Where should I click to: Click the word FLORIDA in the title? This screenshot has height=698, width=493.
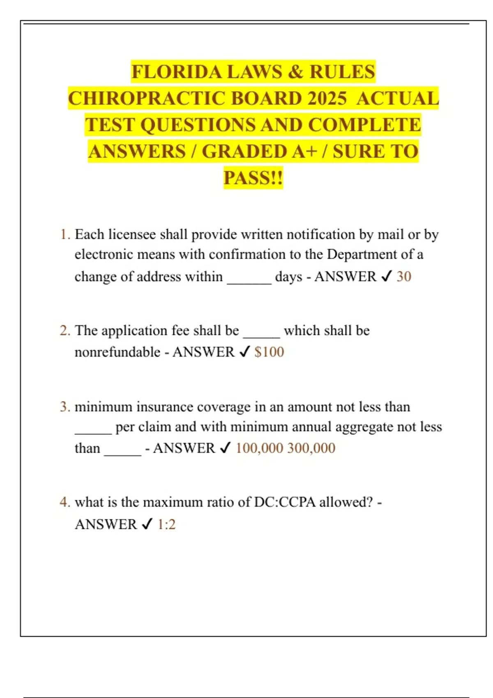177,72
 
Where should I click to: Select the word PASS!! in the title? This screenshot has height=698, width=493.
253,178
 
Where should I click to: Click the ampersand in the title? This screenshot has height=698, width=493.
295,72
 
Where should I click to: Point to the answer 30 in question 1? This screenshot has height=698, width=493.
404,276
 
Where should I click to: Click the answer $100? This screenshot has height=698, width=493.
269,352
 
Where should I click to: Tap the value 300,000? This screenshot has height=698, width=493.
311,448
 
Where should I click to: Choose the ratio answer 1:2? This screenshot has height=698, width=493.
166,524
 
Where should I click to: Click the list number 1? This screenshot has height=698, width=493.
64,234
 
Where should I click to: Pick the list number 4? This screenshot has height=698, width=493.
64,502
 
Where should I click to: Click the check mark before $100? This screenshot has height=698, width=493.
244,352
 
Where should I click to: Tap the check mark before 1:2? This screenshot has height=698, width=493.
147,524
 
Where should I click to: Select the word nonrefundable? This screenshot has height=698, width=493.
117,352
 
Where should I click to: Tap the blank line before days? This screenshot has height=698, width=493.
249,281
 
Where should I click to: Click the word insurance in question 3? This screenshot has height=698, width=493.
165,407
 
